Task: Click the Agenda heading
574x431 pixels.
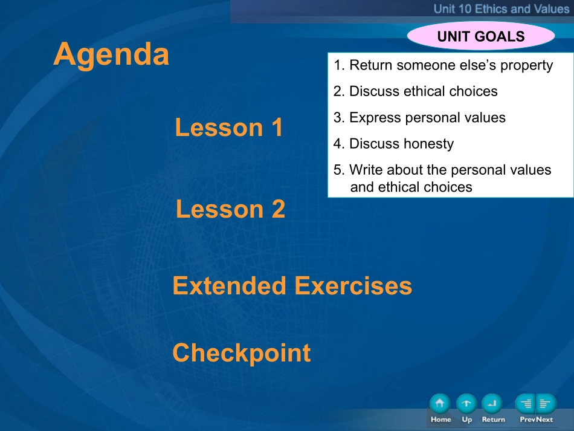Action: coord(111,54)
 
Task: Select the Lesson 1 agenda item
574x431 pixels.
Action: coord(229,128)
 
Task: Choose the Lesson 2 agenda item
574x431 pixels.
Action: coord(230,209)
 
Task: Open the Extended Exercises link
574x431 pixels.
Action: coord(292,286)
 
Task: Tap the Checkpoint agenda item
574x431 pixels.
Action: coord(242,353)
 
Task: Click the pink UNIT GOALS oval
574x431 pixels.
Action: coord(481,36)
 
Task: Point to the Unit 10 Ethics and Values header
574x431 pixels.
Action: coord(501,8)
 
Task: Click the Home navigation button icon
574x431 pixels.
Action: coord(440,404)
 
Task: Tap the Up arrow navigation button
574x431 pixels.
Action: coord(466,404)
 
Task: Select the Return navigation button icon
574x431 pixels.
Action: coord(492,404)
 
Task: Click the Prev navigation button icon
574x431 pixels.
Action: coord(525,404)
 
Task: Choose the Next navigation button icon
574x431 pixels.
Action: coord(546,404)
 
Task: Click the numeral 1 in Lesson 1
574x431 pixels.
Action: coord(277,128)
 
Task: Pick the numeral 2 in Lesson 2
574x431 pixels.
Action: coord(278,209)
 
